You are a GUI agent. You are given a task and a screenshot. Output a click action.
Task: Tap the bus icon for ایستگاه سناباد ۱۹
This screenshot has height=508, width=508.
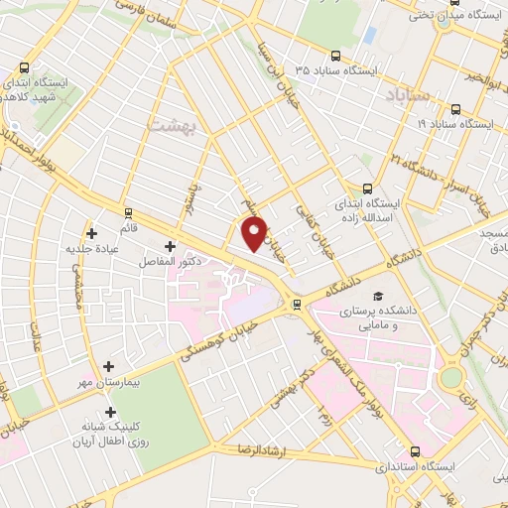tap(455, 109)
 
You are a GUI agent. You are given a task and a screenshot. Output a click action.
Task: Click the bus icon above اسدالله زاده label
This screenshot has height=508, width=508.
tap(368, 188)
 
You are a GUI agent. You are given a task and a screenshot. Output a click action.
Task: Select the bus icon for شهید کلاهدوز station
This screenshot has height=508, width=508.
tap(25, 69)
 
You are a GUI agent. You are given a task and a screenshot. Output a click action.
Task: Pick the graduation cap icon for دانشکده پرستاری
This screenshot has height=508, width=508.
tap(377, 297)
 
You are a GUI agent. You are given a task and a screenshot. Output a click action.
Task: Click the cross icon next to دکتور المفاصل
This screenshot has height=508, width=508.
tap(170, 245)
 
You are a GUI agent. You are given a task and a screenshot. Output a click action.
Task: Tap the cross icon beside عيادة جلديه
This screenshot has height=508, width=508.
tap(92, 234)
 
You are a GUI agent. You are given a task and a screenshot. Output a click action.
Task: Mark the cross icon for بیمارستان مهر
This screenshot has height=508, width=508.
tap(109, 366)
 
